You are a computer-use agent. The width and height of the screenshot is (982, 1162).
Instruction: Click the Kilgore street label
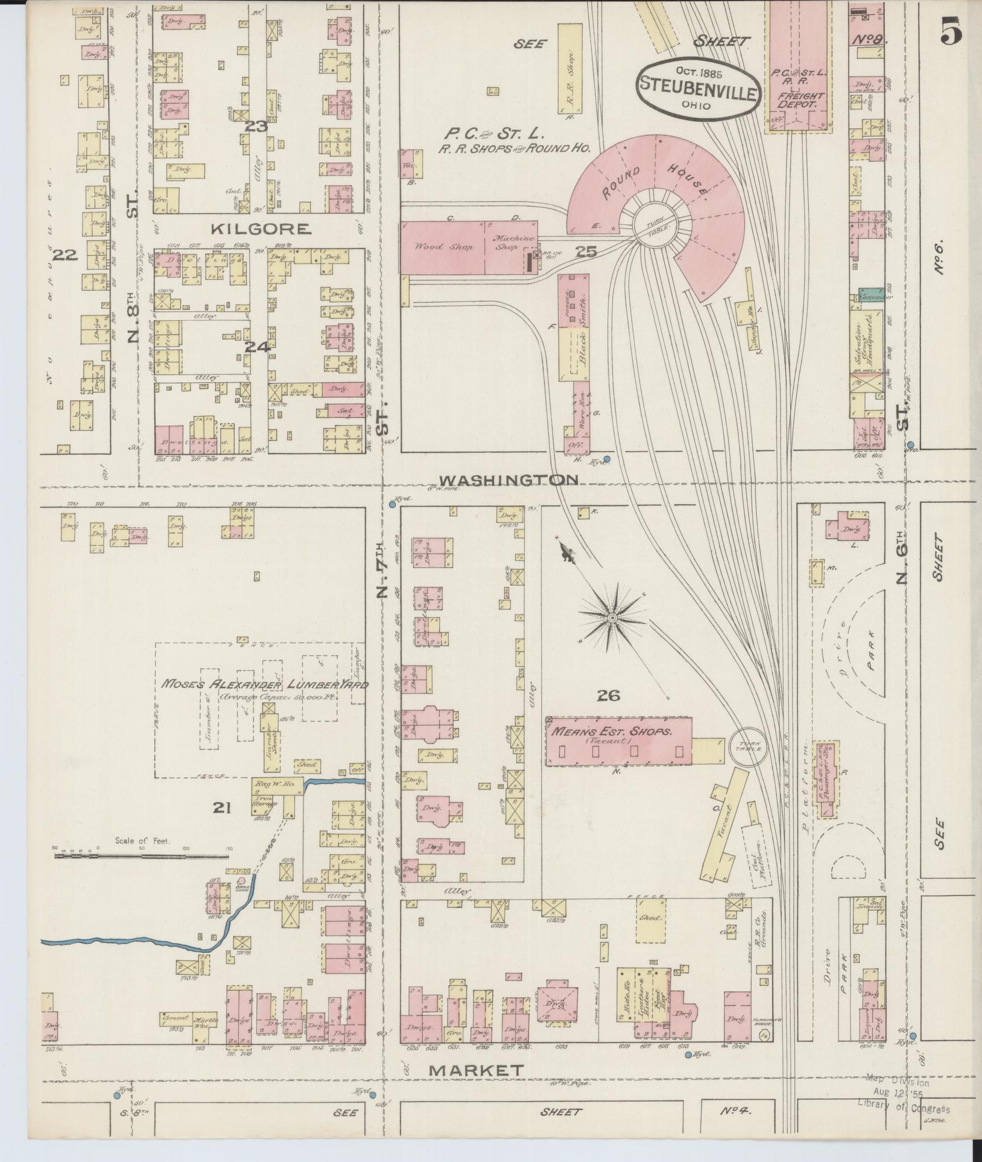[261, 229]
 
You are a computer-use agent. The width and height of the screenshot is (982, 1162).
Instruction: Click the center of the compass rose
[612, 618]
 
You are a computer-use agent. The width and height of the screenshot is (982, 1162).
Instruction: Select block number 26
[608, 696]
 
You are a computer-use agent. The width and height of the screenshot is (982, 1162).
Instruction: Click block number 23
[255, 127]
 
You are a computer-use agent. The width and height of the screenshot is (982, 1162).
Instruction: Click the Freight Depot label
[800, 99]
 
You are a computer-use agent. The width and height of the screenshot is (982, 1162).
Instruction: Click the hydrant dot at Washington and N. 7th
[392, 504]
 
